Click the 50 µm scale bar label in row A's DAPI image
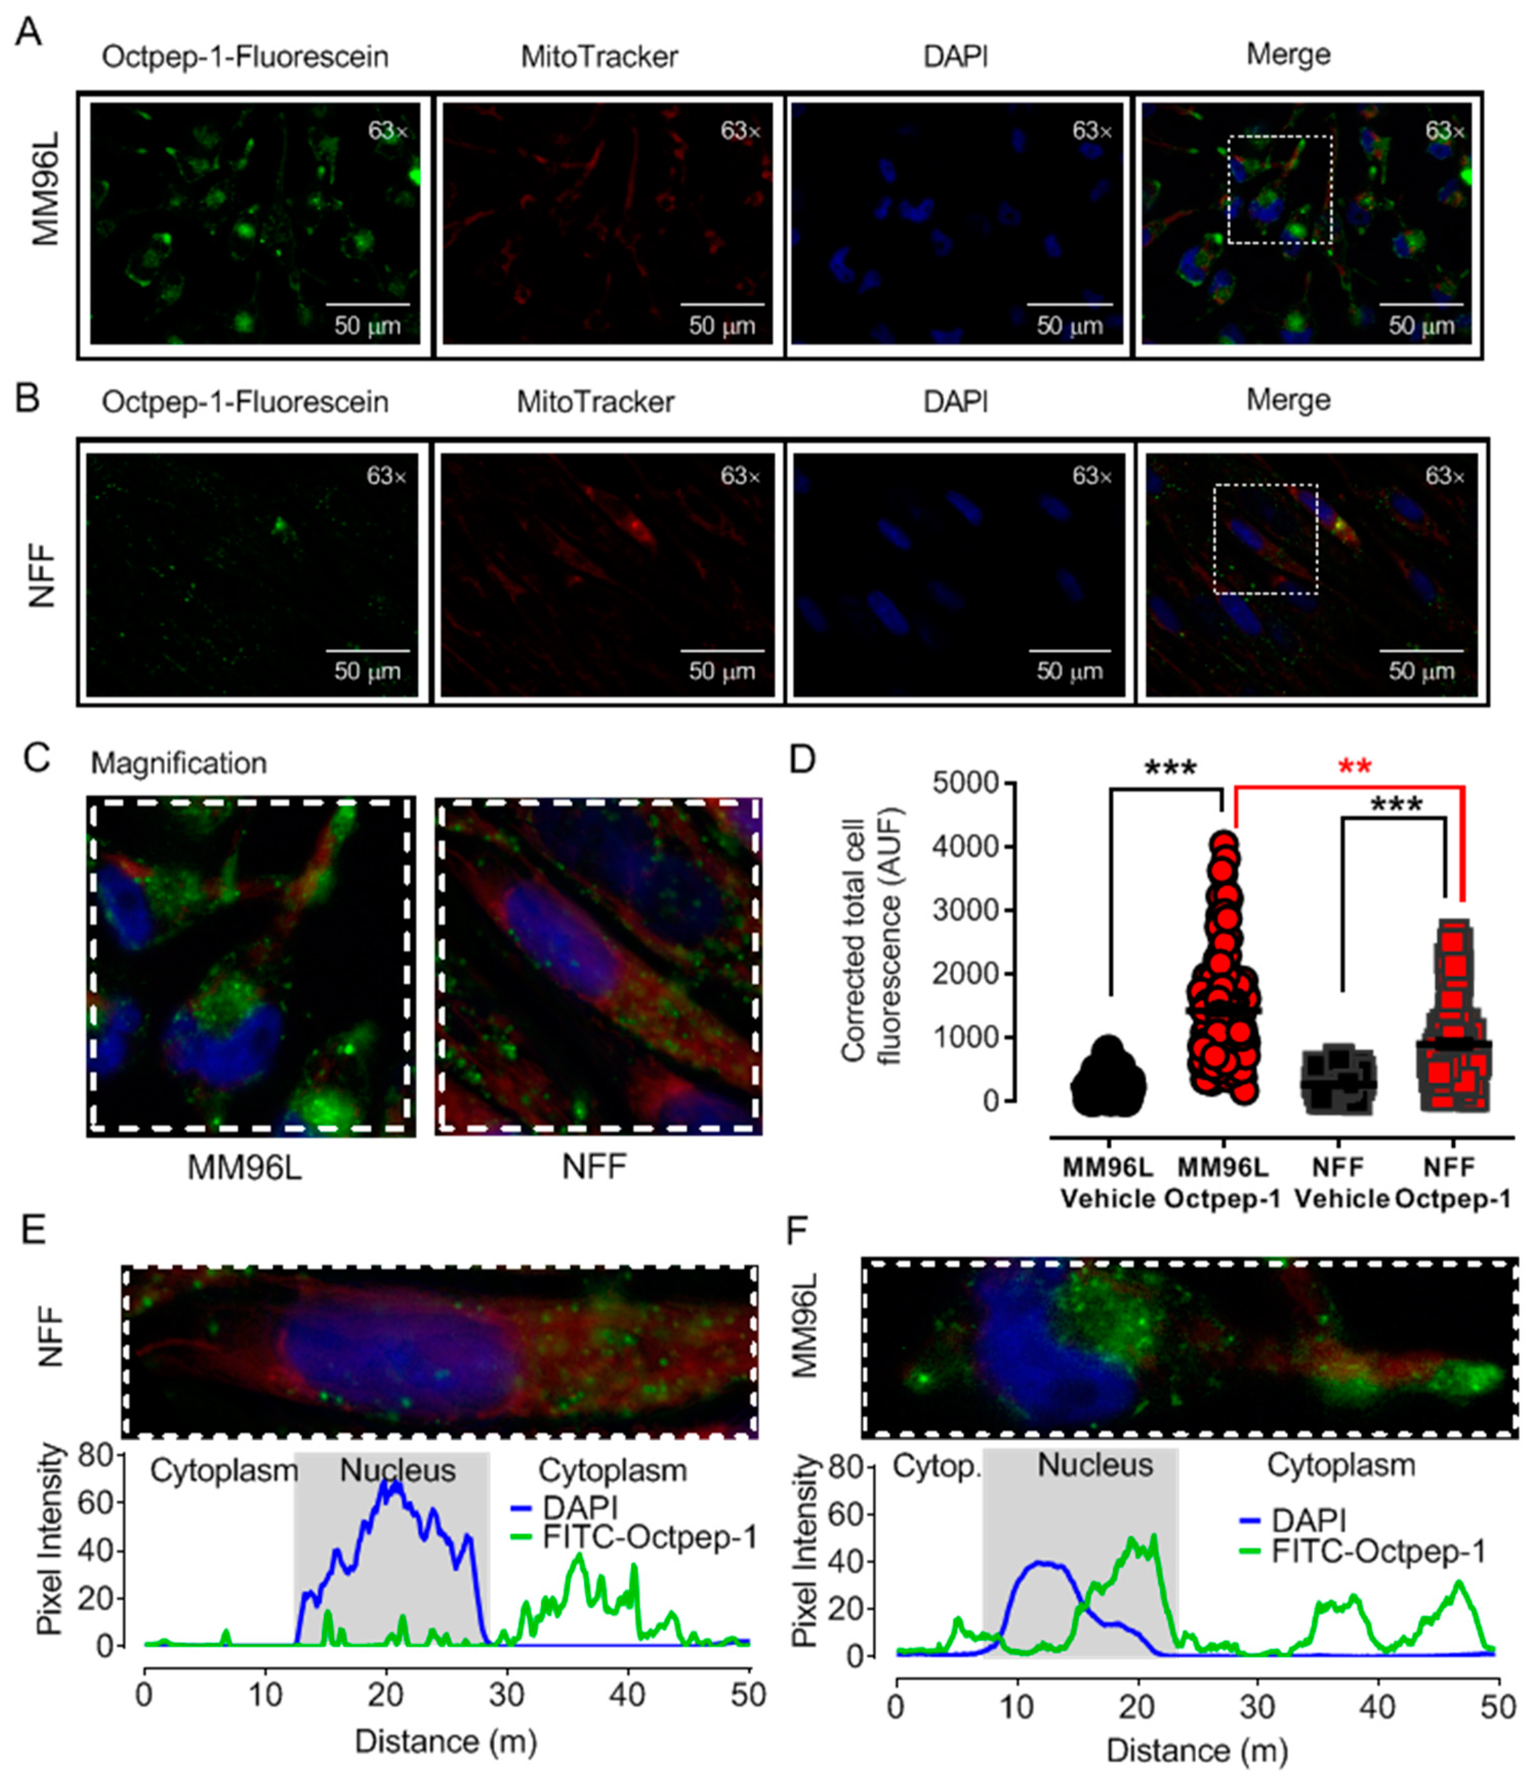[x=1069, y=326]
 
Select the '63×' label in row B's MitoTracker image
[x=740, y=476]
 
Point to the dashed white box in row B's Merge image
[x=1265, y=539]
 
